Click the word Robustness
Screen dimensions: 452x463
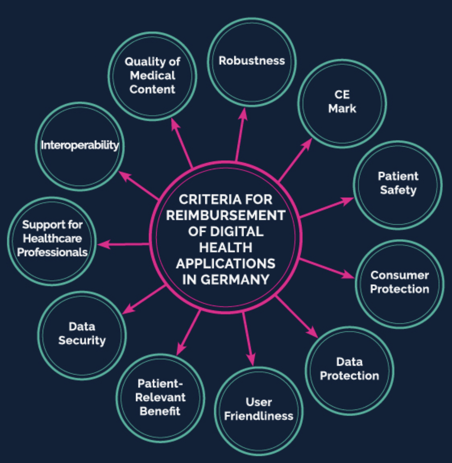click(252, 61)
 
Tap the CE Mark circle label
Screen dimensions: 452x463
click(342, 101)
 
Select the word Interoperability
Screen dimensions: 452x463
click(80, 145)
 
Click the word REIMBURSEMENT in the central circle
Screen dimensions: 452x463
click(226, 215)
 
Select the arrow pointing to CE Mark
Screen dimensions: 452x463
click(295, 160)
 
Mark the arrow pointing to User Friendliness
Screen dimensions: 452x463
click(249, 338)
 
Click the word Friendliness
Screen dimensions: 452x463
click(259, 416)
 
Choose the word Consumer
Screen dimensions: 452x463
click(399, 275)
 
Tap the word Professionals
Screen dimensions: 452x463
click(52, 252)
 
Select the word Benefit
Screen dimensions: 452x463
click(160, 411)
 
